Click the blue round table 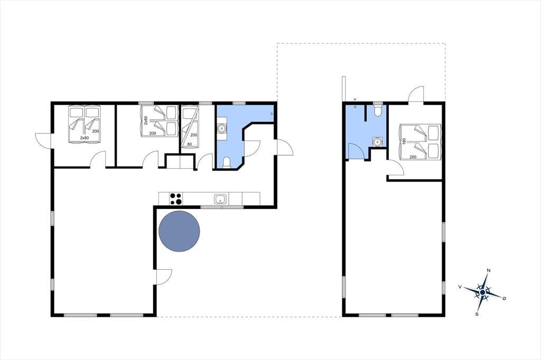coord(180,231)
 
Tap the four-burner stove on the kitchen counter coord(176,199)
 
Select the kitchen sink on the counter coord(220,199)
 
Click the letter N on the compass coord(489,271)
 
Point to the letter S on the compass coord(477,314)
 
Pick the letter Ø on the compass coord(504,298)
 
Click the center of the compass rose coord(483,292)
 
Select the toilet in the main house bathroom coord(227,163)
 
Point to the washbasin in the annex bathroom coord(378,141)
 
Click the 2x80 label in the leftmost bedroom coord(84,138)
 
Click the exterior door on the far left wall coord(43,141)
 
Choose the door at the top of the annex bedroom coord(416,94)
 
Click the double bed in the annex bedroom coord(420,141)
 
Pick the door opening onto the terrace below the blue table coord(164,277)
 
